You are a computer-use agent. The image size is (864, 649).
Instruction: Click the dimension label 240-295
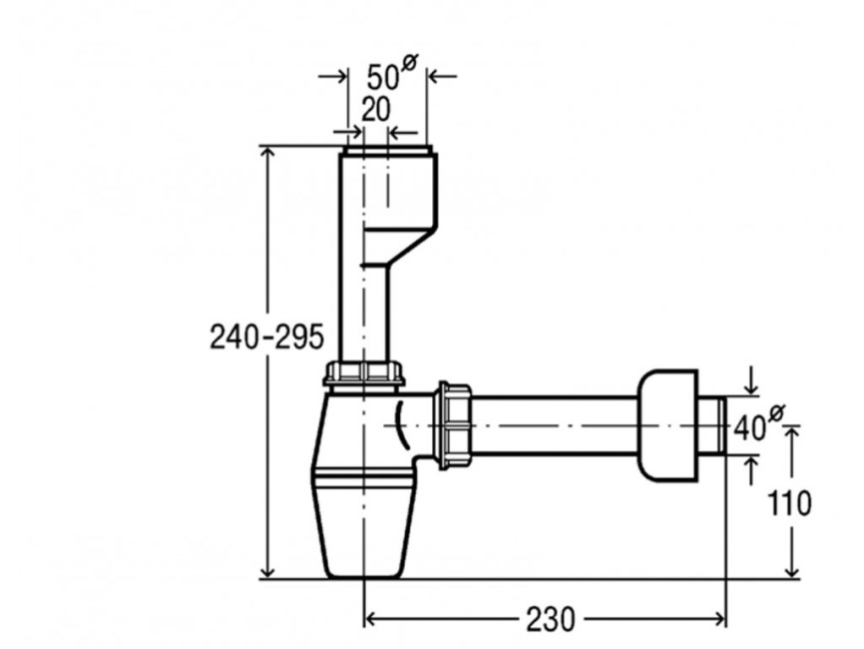coord(266,335)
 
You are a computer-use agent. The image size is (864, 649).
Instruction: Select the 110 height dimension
coord(796,503)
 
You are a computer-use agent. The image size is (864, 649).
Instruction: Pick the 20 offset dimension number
coord(375,110)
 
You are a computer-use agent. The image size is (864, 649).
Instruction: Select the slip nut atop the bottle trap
coord(365,375)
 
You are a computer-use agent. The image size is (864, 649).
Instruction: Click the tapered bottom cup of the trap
coord(365,529)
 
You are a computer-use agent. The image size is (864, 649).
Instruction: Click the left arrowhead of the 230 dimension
coord(369,619)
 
